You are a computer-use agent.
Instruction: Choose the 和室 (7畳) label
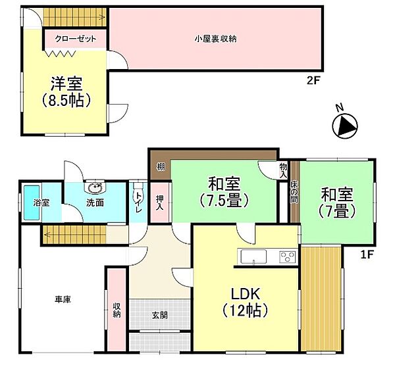(x=337, y=203)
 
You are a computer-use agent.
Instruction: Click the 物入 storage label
(x=283, y=171)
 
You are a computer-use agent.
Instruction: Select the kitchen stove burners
(x=287, y=256)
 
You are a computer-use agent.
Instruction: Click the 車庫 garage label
(x=63, y=299)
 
